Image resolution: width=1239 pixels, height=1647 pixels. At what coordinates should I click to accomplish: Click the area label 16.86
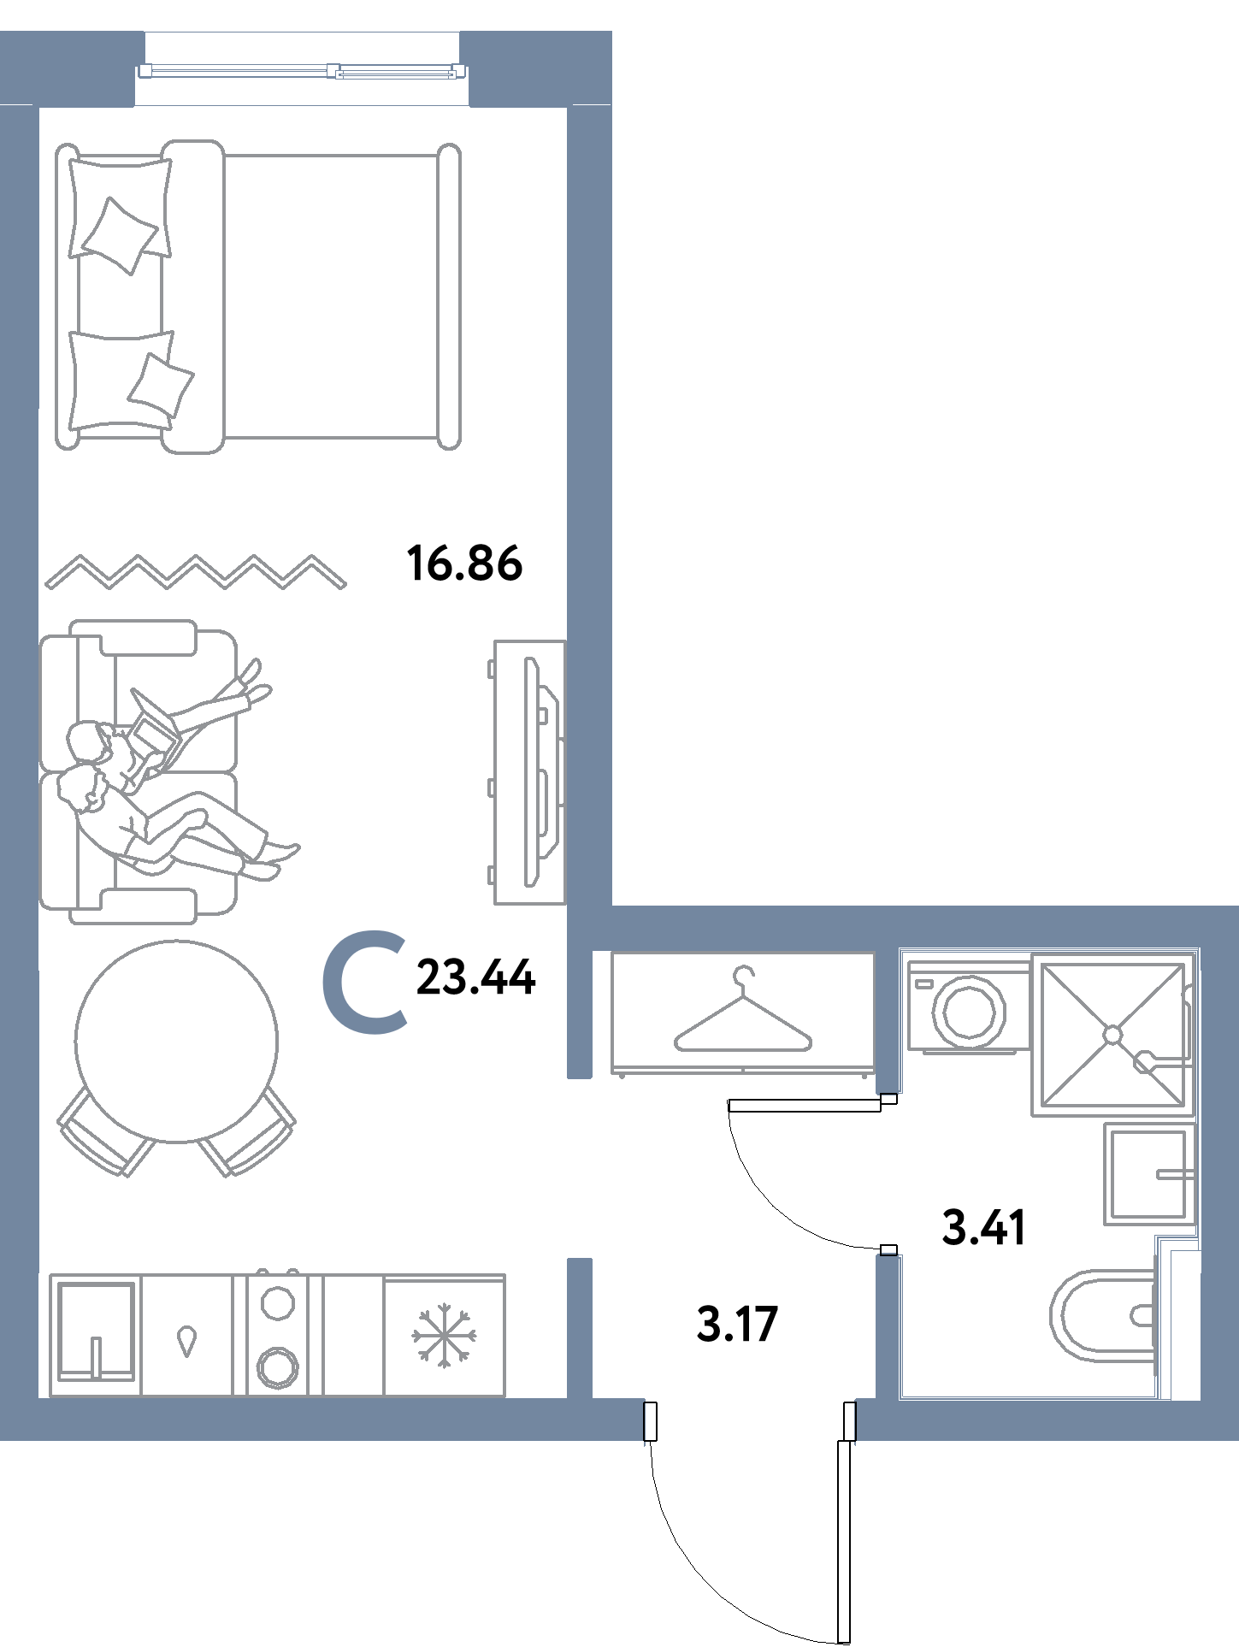click(466, 564)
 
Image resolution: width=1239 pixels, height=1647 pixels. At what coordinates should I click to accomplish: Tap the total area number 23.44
click(475, 978)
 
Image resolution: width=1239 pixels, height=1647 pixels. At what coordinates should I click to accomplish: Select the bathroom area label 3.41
click(982, 1230)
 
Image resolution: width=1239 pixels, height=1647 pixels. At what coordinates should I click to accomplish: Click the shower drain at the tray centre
click(1112, 1035)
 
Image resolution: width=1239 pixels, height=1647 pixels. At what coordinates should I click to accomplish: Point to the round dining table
click(177, 1041)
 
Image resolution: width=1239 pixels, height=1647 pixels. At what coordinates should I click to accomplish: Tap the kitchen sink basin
click(95, 1334)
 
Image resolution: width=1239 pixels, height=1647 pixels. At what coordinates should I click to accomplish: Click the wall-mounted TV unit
click(531, 771)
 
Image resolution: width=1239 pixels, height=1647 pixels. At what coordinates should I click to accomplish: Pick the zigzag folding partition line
click(196, 572)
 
